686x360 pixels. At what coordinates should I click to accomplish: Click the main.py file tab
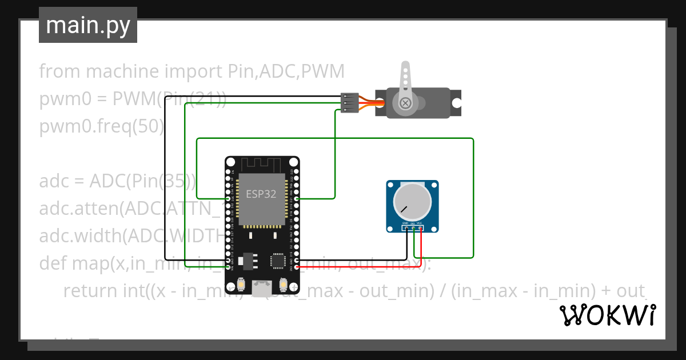click(88, 25)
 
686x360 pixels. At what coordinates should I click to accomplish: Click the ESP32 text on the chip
click(261, 194)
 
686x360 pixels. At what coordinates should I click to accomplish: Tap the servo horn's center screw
click(405, 103)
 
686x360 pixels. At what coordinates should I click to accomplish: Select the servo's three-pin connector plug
click(349, 103)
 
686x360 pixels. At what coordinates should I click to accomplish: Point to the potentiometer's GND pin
click(405, 229)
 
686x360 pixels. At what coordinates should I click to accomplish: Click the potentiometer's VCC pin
click(420, 229)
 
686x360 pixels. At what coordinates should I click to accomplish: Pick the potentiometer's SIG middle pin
click(413, 229)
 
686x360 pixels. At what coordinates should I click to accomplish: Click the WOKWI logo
click(607, 315)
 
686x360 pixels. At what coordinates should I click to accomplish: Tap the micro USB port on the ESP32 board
click(262, 289)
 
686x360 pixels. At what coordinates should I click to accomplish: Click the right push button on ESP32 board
click(283, 284)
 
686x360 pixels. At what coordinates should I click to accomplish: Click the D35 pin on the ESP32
click(228, 199)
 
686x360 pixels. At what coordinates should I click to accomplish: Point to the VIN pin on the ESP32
click(228, 267)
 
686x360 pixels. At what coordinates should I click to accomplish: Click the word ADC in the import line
click(278, 71)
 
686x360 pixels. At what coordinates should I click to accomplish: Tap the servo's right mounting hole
click(457, 103)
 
